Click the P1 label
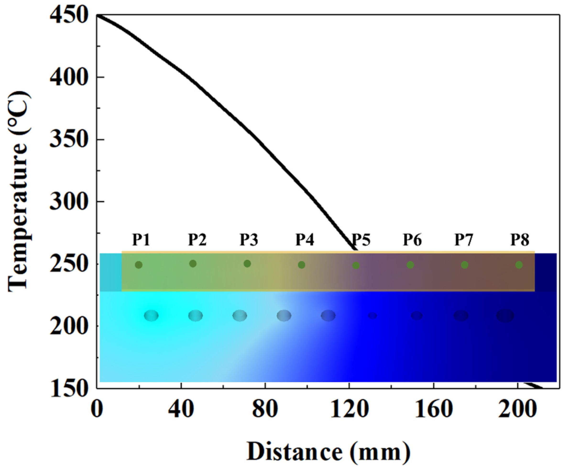141,240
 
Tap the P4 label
305,240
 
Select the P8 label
520,240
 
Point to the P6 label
412,240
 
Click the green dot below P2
193,264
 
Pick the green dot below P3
247,264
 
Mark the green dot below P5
356,266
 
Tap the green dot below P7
465,265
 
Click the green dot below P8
519,265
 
